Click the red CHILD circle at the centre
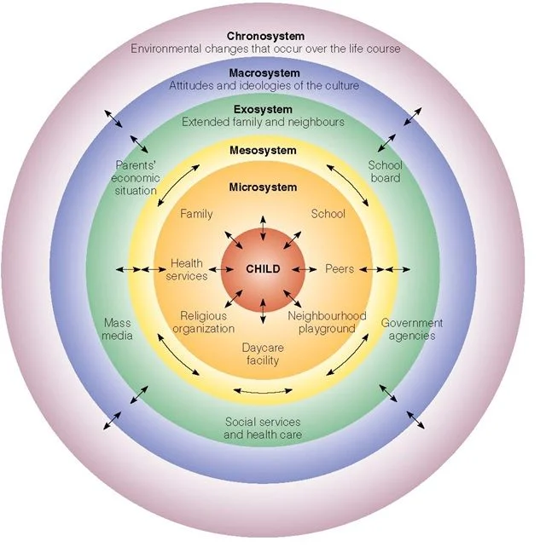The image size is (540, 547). pos(263,269)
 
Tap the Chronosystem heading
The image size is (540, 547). pos(264,36)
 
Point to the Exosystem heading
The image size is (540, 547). pos(263,110)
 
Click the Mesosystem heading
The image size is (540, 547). pos(263,151)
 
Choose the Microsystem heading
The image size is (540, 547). pos(263,187)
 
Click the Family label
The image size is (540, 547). pos(196,214)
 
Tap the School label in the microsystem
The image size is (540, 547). pos(328,214)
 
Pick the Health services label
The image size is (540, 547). pos(188,270)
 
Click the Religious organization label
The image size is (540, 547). pos(203,322)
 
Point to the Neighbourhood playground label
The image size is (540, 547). pos(327,322)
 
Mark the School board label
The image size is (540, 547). pos(385,171)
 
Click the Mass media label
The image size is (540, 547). pos(118,329)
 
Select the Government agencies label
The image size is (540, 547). pos(412,329)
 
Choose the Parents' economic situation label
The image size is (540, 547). pos(135,177)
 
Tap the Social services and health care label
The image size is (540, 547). pos(263,428)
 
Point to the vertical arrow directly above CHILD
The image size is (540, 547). pos(263,226)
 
